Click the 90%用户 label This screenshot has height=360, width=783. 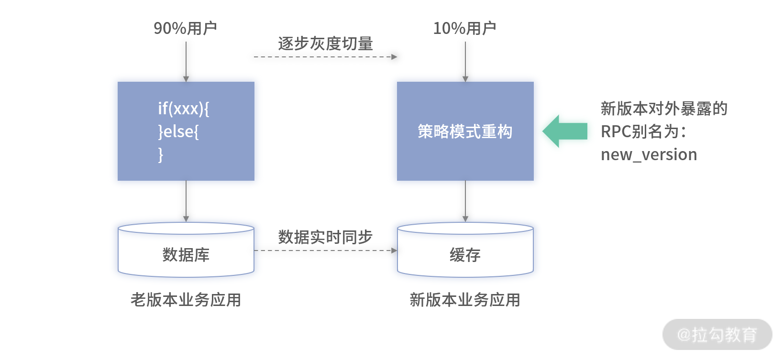point(185,28)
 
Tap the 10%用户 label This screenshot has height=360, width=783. point(464,28)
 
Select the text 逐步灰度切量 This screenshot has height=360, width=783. point(325,44)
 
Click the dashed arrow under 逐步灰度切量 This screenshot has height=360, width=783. point(325,56)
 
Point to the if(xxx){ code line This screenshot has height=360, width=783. point(184,109)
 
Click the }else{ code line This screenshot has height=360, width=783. point(178,132)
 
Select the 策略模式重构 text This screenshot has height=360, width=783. point(465,131)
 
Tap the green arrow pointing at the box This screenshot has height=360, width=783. point(565,131)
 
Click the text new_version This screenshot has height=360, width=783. point(649,154)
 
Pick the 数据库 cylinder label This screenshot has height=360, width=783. point(186,255)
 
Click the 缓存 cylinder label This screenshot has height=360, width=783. point(465,255)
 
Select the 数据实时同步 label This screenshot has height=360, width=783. point(325,237)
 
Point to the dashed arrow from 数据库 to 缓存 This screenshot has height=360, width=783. point(325,251)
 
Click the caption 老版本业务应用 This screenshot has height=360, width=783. point(186,300)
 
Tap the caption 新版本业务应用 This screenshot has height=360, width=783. point(465,300)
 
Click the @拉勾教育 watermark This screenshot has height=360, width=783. point(717,335)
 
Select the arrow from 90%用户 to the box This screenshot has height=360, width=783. point(186,62)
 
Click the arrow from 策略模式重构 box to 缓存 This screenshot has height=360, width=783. point(465,201)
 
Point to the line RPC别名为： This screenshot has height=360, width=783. point(643,132)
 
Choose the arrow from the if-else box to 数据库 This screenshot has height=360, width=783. point(186,201)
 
